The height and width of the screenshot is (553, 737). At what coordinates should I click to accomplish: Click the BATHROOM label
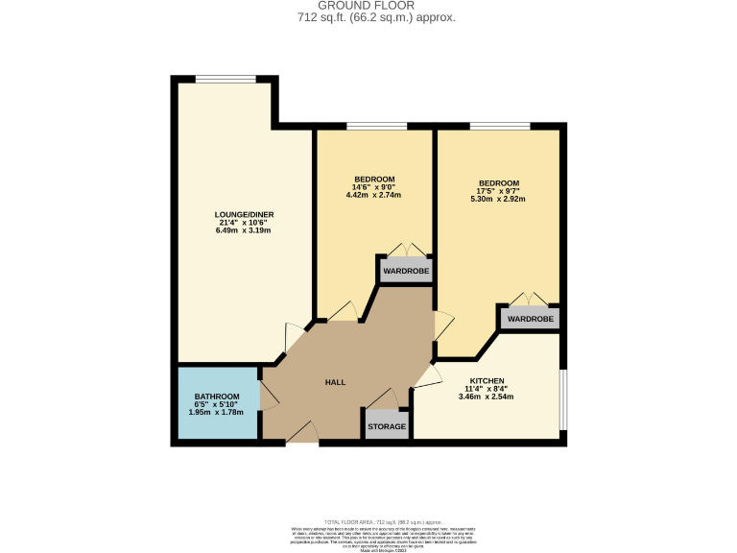[x=217, y=397]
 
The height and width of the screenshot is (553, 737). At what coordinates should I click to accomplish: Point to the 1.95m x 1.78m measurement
[x=217, y=413]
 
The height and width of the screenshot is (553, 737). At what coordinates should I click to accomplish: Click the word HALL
[x=335, y=382]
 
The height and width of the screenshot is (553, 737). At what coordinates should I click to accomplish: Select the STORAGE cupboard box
[x=387, y=426]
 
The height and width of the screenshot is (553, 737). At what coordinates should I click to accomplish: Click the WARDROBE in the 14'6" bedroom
[x=406, y=272]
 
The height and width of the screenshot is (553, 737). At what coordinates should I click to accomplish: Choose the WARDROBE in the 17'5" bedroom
[x=529, y=318]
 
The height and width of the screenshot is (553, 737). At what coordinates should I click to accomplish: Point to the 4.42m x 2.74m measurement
[x=373, y=195]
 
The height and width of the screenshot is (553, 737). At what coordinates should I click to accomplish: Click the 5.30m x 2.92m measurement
[x=498, y=200]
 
